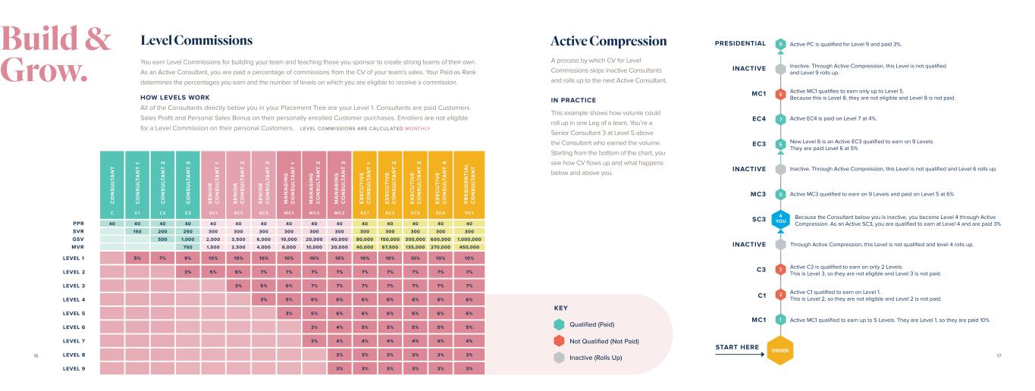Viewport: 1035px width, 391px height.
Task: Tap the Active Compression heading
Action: pyautogui.click(x=609, y=40)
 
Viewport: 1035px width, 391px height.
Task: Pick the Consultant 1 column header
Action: pyautogui.click(x=137, y=182)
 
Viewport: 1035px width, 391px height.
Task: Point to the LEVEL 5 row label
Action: pyautogui.click(x=74, y=312)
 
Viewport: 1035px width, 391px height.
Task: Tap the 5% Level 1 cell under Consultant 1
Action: pyautogui.click(x=137, y=258)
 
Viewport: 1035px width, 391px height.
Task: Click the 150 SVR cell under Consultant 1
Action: pyautogui.click(x=137, y=231)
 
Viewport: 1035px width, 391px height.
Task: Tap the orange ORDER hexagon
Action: pyautogui.click(x=780, y=349)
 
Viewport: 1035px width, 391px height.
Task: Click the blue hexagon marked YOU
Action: pyautogui.click(x=780, y=220)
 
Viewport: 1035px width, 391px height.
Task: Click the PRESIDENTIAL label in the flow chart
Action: pyautogui.click(x=740, y=43)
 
